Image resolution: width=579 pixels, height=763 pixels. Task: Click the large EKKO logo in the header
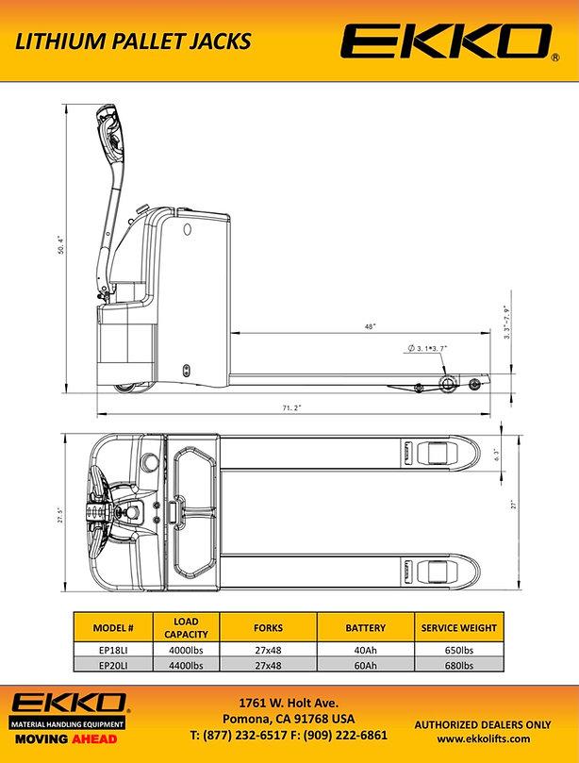[446, 42]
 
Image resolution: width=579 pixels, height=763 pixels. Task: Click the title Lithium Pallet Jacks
[133, 41]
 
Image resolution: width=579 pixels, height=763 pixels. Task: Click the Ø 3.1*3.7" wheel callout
[427, 349]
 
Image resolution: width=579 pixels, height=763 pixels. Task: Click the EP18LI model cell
[120, 650]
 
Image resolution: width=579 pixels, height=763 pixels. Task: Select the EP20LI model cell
[120, 666]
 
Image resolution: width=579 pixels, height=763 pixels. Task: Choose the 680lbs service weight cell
[459, 666]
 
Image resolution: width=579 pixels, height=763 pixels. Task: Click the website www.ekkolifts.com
[484, 738]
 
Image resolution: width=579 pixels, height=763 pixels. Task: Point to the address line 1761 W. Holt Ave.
[289, 703]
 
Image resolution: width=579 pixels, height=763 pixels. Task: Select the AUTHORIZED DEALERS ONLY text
[484, 724]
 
